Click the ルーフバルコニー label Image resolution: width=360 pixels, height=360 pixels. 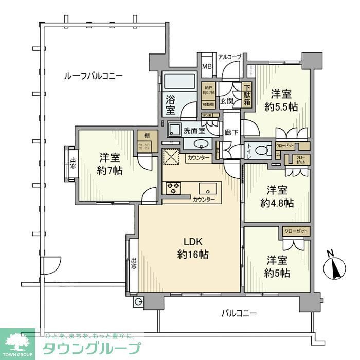click(93, 76)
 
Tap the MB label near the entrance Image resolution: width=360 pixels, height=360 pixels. click(206, 66)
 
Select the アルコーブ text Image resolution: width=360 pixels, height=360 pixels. click(229, 56)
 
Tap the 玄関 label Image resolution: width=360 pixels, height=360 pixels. click(227, 101)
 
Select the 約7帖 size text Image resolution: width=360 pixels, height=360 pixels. click(111, 171)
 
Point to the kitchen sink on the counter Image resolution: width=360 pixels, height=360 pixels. click(209, 187)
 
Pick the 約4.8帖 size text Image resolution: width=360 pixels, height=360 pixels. click(277, 203)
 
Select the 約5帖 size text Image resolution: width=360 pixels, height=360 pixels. click(278, 273)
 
